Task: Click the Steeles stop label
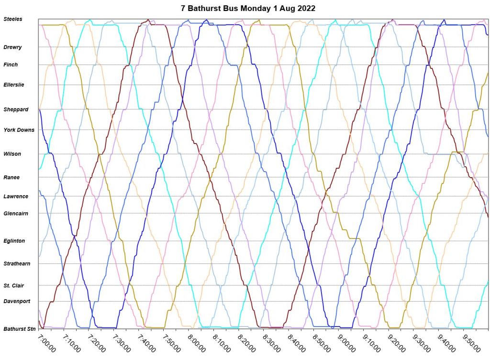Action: tap(13, 19)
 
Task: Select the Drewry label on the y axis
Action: tap(12, 47)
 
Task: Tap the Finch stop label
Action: tap(11, 65)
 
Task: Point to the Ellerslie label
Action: tap(13, 85)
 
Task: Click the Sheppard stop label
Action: tap(16, 109)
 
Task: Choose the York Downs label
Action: tap(19, 130)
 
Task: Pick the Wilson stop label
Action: tap(12, 154)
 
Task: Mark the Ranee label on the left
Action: tap(11, 177)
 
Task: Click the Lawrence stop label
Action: tap(16, 196)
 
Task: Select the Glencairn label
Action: tap(16, 213)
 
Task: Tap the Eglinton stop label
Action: tap(14, 241)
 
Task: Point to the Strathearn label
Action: tap(17, 263)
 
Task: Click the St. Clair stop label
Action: tap(14, 286)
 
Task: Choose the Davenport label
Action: tap(17, 301)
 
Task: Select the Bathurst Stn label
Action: tap(20, 329)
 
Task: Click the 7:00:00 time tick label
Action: tap(47, 342)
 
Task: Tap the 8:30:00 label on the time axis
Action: tap(271, 342)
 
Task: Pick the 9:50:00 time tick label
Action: tap(471, 342)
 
